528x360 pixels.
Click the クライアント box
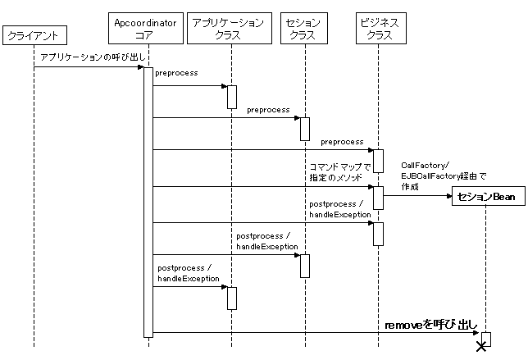point(34,35)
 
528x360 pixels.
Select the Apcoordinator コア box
point(148,29)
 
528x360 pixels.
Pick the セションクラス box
point(304,29)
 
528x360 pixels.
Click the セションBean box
point(485,197)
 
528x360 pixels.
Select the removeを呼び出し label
point(431,326)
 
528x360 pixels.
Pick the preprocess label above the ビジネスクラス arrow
point(342,142)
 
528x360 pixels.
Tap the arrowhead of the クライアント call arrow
point(140,66)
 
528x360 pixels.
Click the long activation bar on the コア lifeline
point(148,201)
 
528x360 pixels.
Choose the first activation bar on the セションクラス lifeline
point(304,129)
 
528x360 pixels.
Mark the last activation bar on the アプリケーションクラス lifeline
point(232,298)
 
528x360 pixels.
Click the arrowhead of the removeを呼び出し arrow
point(476,333)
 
